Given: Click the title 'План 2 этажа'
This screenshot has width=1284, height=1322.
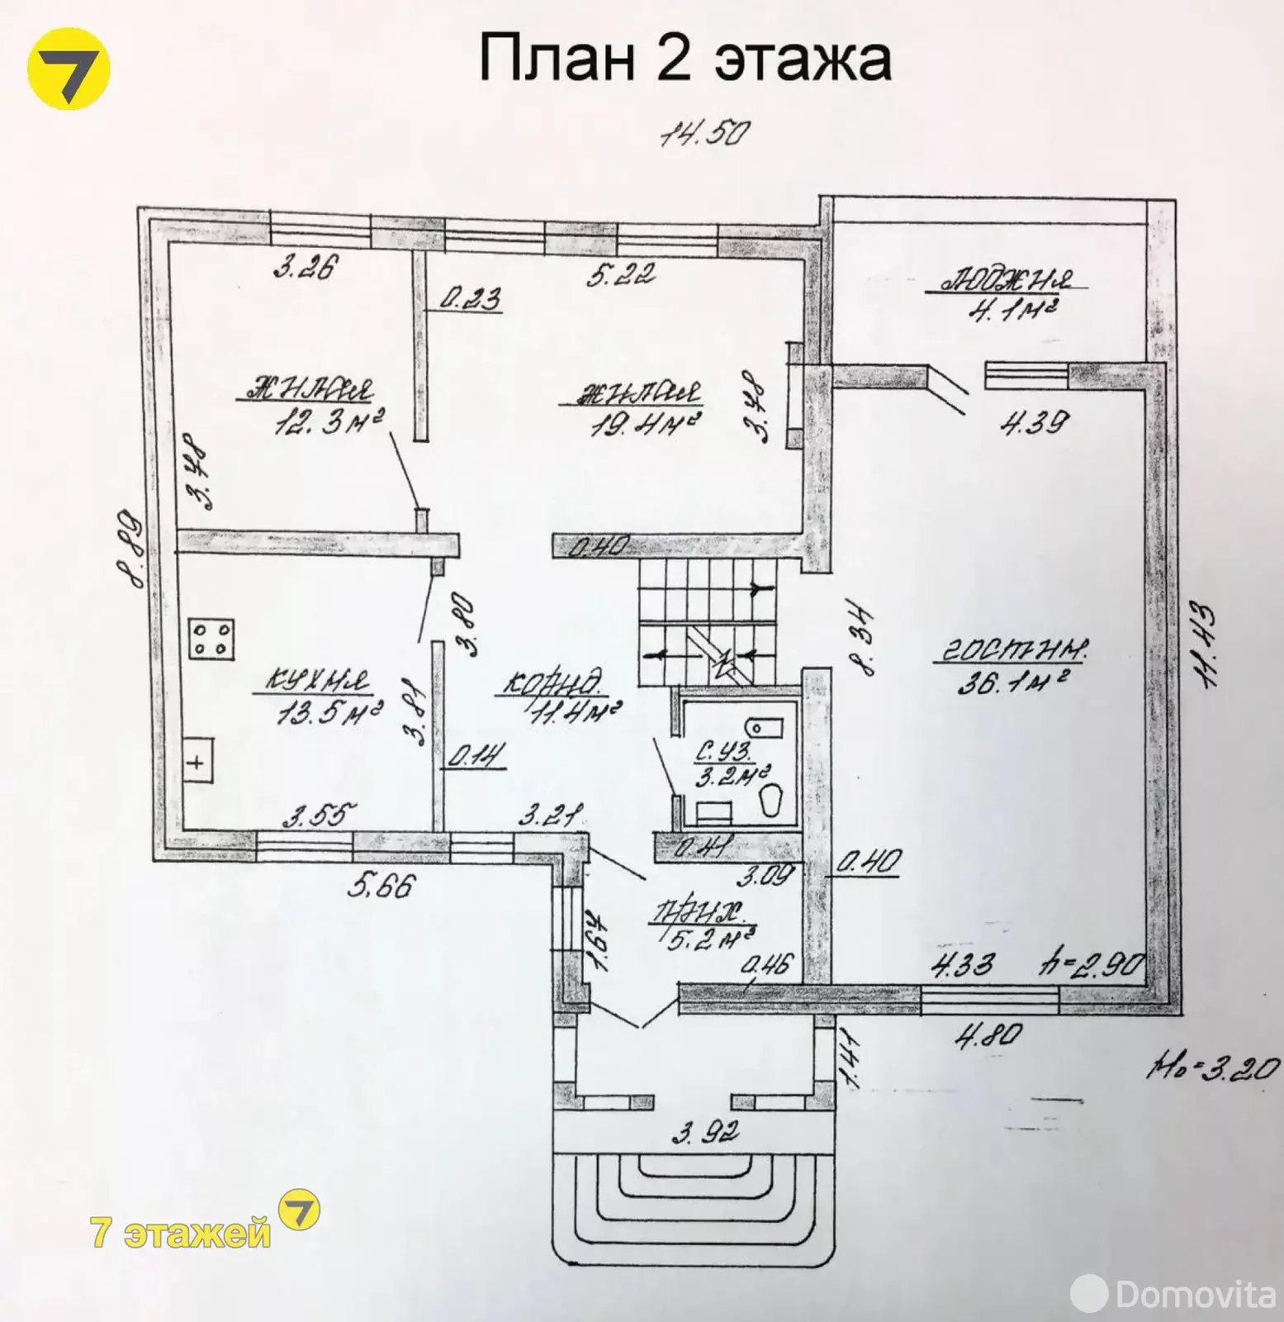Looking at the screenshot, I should coord(685,59).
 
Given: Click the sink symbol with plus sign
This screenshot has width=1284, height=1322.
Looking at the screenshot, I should coord(196,762).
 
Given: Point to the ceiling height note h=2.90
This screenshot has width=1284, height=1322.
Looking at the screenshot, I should coord(1092,965).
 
